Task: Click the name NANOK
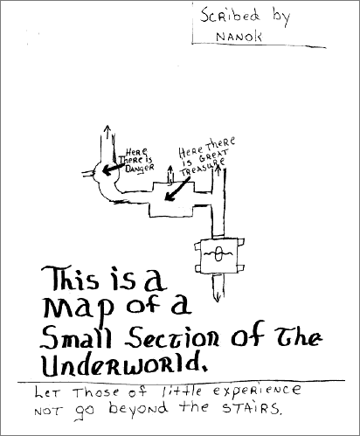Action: [x=239, y=37]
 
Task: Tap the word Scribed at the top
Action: [x=230, y=16]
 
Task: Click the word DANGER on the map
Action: [x=139, y=169]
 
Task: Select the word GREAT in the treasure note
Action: [x=214, y=156]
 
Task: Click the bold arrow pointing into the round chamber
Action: [x=113, y=169]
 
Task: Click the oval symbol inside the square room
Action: [x=218, y=253]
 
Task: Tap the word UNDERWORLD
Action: [x=125, y=363]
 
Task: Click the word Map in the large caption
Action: [x=78, y=309]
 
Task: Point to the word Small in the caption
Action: [x=76, y=337]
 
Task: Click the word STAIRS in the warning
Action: [x=252, y=408]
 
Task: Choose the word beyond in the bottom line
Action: [x=139, y=408]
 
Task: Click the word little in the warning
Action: [x=181, y=391]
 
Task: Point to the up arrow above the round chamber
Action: [x=108, y=131]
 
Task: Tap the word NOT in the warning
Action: [x=48, y=412]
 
